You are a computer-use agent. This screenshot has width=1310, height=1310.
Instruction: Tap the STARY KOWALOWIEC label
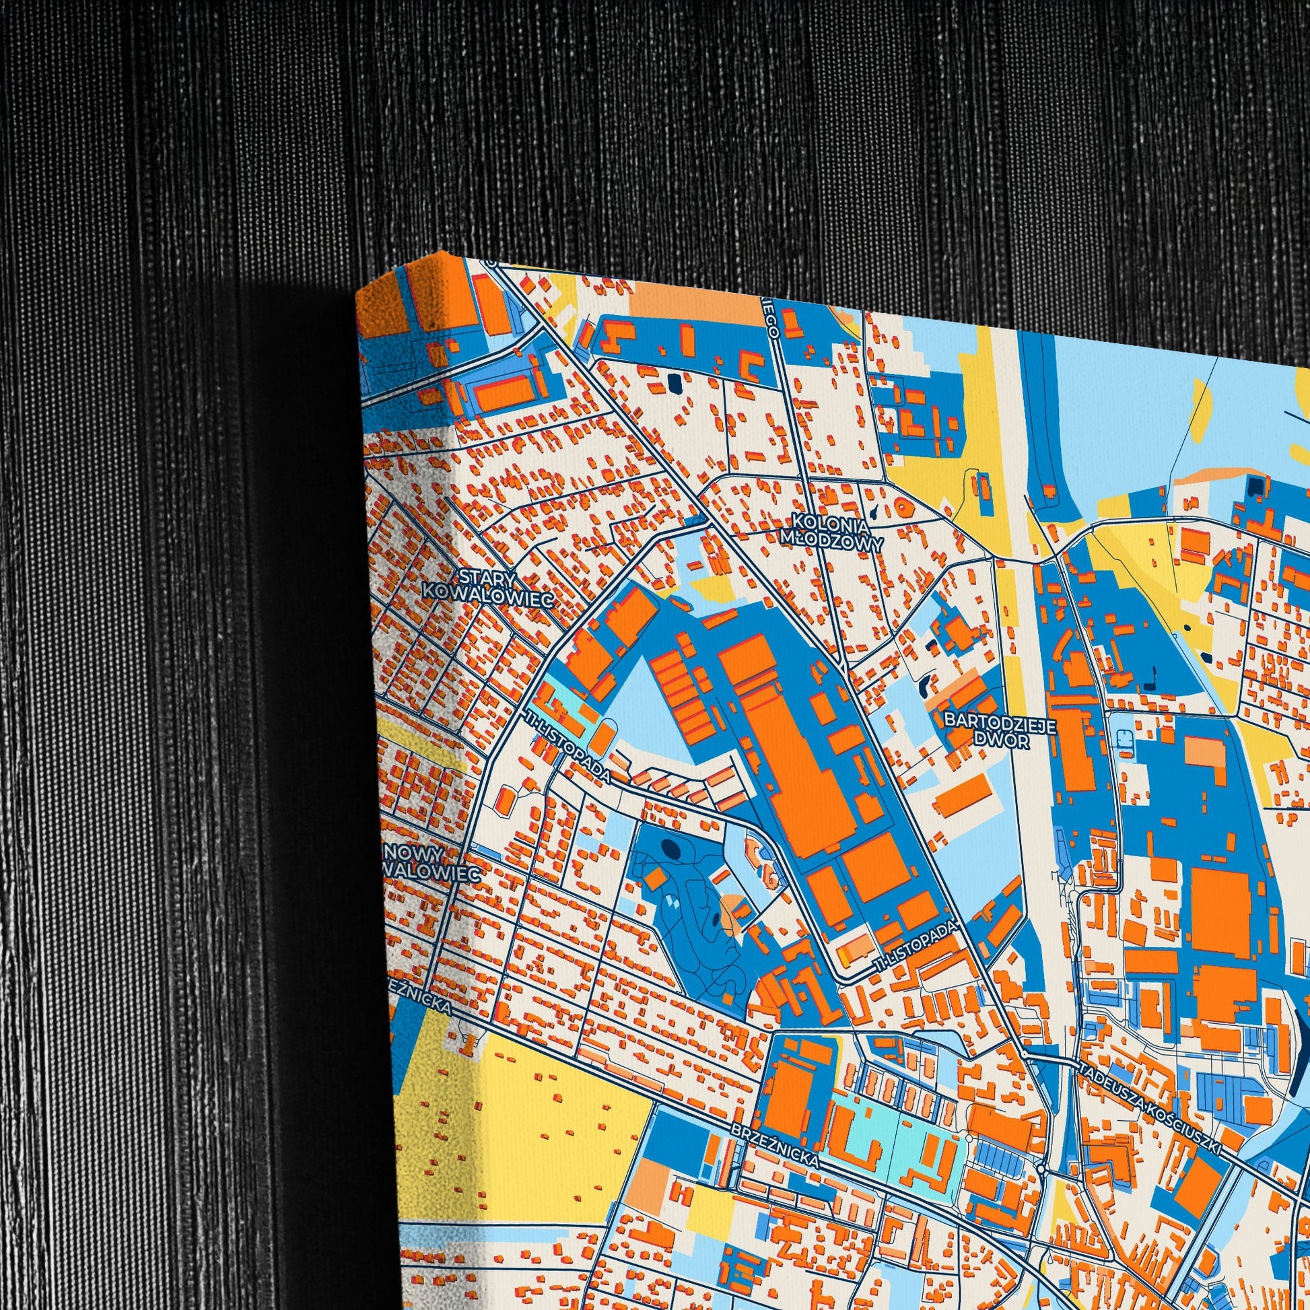487,584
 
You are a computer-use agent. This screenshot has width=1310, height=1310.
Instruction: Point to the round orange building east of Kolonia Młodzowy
903,505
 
